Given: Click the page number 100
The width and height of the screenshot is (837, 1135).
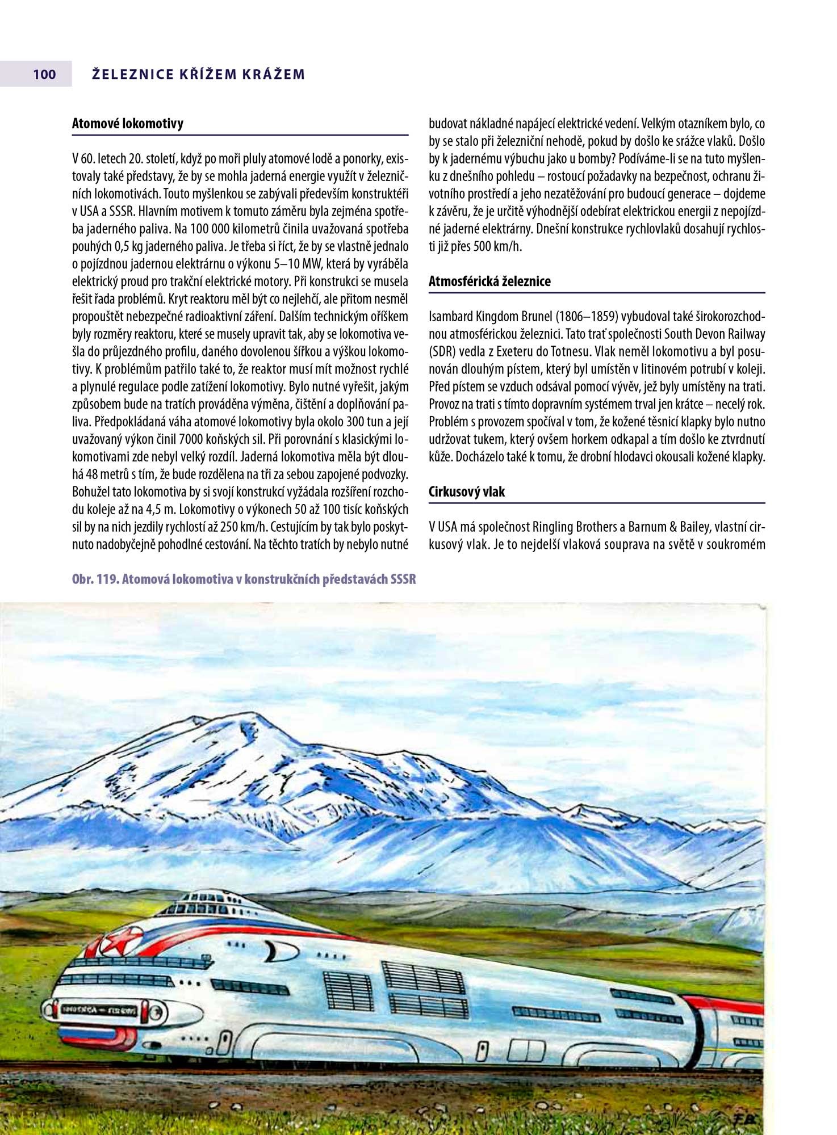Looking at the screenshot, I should (x=44, y=74).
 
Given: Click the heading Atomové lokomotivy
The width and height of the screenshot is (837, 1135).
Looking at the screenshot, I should (x=127, y=124).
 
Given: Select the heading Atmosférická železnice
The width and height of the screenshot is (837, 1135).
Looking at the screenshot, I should (x=489, y=281).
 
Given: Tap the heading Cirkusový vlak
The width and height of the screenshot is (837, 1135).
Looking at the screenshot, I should (x=466, y=492).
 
